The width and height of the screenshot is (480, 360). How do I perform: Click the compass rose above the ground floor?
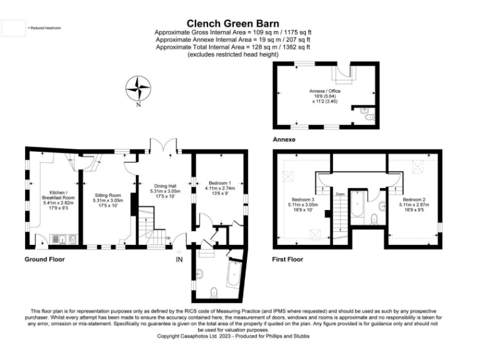point(137,89)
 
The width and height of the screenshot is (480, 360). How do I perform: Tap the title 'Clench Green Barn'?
point(232,22)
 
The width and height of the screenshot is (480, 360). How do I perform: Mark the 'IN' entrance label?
point(179,259)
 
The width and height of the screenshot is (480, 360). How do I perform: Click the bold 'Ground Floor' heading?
point(44,259)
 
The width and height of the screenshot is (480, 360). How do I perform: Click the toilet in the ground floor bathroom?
point(214,292)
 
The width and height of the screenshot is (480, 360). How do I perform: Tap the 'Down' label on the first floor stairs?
point(341,194)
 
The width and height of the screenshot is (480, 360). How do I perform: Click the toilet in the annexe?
point(369,117)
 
